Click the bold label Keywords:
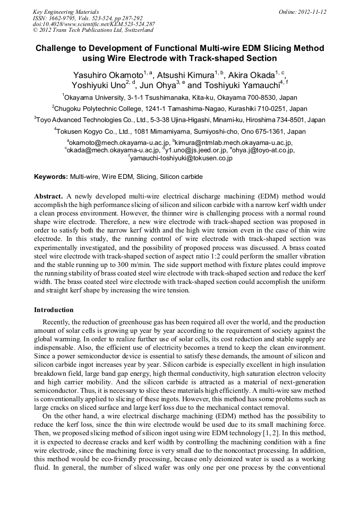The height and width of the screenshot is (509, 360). coord(51,176)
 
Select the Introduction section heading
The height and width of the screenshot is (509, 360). coord(54,310)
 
